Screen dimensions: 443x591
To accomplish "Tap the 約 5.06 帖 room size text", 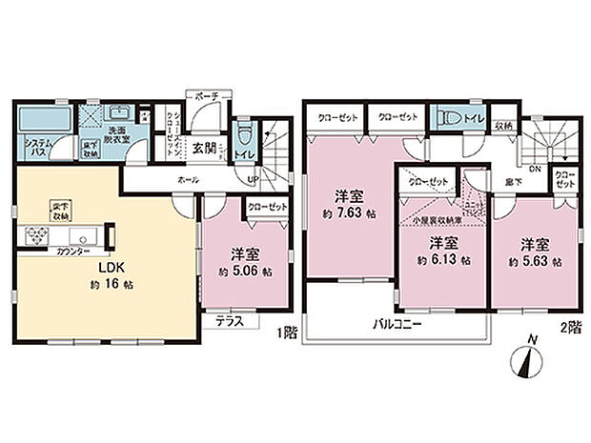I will click(x=244, y=272).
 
